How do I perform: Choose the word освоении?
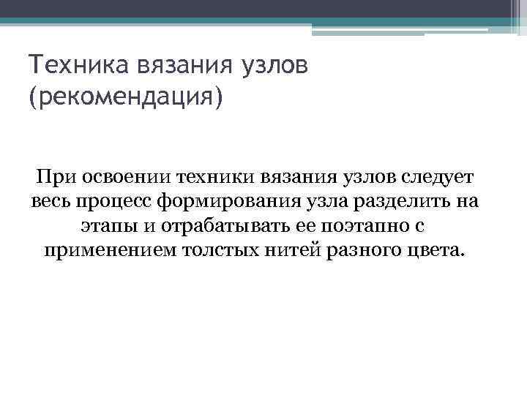click(x=125, y=177)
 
